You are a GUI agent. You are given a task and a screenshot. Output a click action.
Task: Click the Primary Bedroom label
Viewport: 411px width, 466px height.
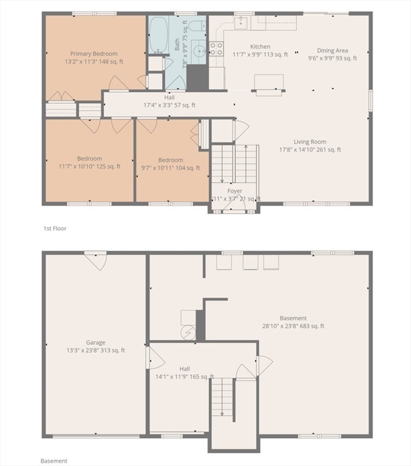[93, 54]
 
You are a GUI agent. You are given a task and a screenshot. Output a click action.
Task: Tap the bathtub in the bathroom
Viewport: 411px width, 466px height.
[158, 35]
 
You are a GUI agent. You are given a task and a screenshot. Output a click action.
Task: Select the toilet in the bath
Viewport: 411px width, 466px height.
[197, 26]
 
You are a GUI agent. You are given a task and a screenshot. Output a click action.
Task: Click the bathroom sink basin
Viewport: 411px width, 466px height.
[199, 52]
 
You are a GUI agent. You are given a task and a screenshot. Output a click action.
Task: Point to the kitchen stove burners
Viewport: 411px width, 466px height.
[216, 49]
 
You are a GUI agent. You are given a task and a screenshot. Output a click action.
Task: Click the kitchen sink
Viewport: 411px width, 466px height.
[240, 22]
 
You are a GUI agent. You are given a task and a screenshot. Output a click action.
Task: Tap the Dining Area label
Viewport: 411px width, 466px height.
[332, 50]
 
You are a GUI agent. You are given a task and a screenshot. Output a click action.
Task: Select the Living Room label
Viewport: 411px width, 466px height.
[310, 142]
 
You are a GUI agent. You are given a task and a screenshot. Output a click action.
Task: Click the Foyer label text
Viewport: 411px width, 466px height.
[235, 191]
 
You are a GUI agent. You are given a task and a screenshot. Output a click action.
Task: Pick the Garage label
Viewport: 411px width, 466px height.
[95, 343]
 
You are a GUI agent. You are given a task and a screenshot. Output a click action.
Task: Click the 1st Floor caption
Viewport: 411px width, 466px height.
[55, 229]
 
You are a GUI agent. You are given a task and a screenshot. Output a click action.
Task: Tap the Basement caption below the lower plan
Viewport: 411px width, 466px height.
[54, 461]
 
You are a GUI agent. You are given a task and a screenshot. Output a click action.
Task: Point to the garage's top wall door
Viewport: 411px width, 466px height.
[95, 261]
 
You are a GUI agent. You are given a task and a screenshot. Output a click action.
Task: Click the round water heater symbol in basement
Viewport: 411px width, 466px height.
[188, 333]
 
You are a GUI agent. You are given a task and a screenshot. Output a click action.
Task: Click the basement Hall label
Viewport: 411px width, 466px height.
[185, 369]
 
